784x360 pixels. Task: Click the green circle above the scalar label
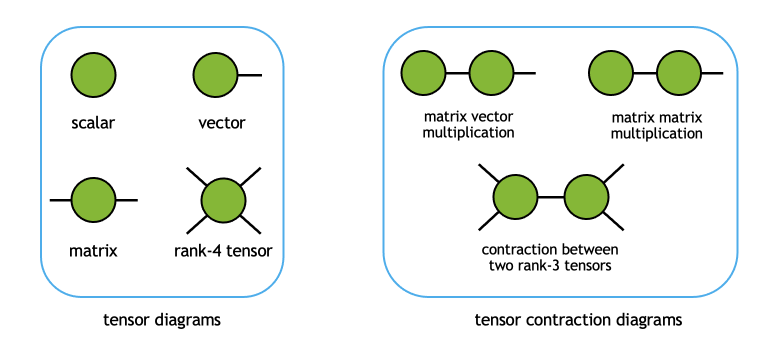pos(93,75)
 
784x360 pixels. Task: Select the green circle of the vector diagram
pos(215,75)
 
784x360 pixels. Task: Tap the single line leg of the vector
pos(250,75)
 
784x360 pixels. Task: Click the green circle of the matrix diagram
pos(93,200)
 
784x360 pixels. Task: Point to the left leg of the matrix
pos(60,200)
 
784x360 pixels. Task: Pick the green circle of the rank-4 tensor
pos(223,200)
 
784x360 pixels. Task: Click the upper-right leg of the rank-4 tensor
pos(251,176)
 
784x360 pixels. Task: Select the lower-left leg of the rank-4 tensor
pos(196,225)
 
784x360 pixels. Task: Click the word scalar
pos(93,122)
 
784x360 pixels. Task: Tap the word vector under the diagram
pos(222,122)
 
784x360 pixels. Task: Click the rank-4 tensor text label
pos(223,250)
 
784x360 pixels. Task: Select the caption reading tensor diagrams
pos(162,319)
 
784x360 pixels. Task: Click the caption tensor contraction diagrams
pos(578,319)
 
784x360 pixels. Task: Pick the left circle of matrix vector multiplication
pos(423,73)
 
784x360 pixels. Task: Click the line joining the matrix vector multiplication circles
pos(456,73)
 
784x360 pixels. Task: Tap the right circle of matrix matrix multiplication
pos(678,73)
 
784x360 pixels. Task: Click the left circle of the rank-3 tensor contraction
pos(515,197)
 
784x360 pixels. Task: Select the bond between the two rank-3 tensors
pos(551,197)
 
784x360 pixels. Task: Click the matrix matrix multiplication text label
pos(656,125)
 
